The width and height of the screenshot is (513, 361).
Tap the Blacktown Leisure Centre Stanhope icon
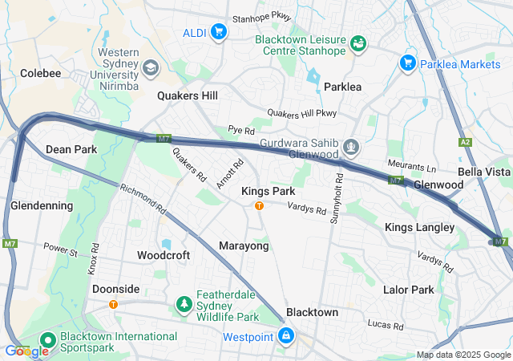click(x=357, y=42)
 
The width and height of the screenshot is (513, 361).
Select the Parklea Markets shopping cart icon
click(x=407, y=62)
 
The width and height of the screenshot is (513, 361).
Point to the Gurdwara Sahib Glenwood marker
click(x=350, y=148)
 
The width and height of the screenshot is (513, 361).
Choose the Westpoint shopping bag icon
click(x=286, y=335)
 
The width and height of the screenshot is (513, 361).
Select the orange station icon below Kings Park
click(x=259, y=206)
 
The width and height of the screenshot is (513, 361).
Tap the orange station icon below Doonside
click(x=113, y=304)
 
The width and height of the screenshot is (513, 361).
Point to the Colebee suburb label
click(x=40, y=73)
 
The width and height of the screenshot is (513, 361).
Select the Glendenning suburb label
click(x=42, y=205)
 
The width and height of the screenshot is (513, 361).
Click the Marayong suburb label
click(x=244, y=245)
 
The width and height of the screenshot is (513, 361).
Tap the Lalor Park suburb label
click(x=408, y=289)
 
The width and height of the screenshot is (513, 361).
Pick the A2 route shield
click(x=466, y=142)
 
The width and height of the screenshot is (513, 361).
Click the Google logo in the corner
click(x=26, y=351)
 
